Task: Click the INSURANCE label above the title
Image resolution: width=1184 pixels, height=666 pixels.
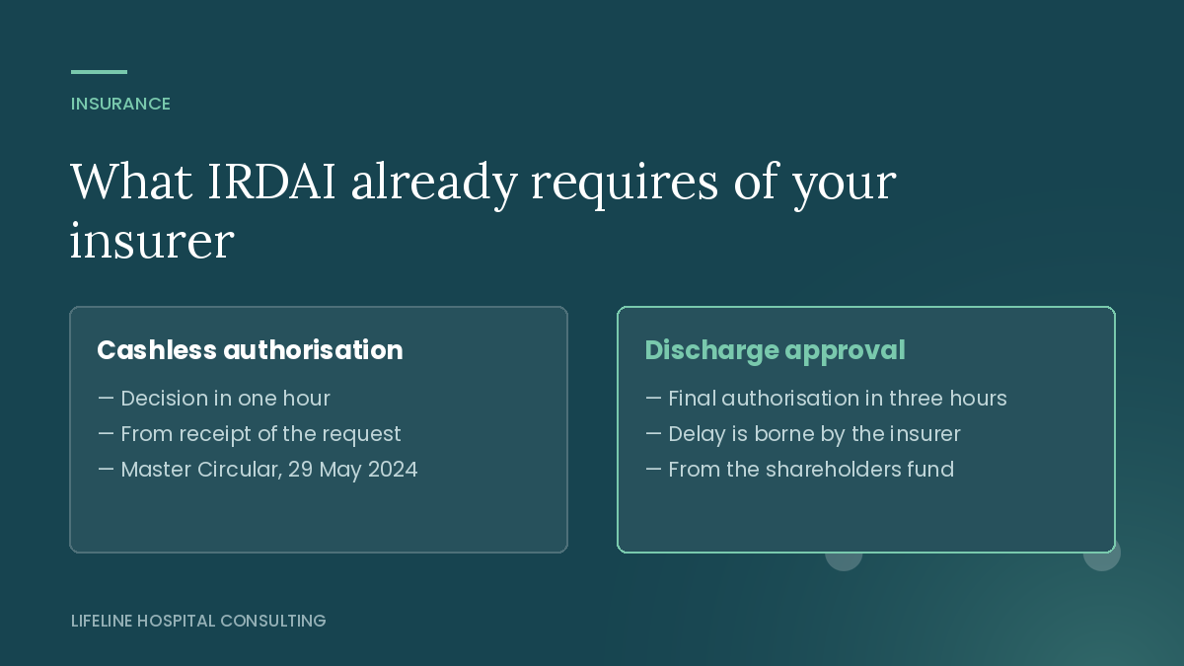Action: (x=120, y=104)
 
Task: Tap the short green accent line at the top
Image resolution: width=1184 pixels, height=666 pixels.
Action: (x=99, y=72)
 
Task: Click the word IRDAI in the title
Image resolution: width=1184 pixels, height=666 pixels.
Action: (x=271, y=182)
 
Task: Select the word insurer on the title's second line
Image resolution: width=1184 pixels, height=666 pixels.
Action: (x=152, y=241)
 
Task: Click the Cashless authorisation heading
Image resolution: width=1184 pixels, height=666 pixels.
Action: (x=250, y=350)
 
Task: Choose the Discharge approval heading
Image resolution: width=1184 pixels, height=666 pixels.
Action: (x=775, y=350)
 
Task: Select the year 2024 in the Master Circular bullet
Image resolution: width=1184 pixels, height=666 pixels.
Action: (x=393, y=470)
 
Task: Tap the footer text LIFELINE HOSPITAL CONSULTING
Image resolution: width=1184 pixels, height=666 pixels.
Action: (x=198, y=621)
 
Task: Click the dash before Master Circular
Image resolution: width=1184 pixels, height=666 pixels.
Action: (x=106, y=469)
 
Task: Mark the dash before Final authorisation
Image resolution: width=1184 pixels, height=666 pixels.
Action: (x=653, y=398)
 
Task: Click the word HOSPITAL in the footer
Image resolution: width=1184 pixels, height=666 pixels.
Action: (x=176, y=621)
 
